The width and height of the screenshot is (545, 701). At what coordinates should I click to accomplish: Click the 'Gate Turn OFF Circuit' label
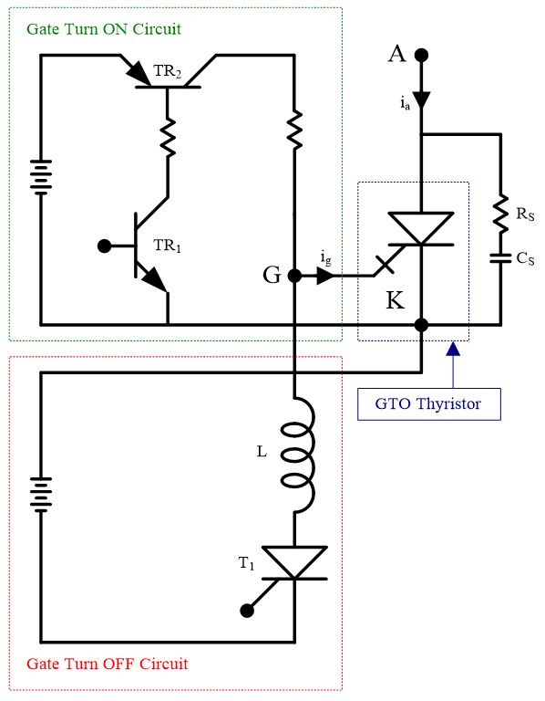[108, 663]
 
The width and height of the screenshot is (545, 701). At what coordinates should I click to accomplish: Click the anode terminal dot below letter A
[421, 55]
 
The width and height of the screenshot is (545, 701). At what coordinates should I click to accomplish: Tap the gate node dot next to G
[293, 276]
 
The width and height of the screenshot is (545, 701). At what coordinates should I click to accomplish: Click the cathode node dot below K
[421, 324]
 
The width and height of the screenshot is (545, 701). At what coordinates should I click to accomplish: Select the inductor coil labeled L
[297, 456]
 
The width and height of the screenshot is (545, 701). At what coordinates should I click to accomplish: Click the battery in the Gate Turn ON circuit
[40, 179]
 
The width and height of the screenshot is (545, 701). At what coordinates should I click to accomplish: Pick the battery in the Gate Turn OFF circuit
[40, 494]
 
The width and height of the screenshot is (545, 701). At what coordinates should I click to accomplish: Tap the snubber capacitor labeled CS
[500, 258]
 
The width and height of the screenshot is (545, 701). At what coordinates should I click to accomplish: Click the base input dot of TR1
[106, 246]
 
